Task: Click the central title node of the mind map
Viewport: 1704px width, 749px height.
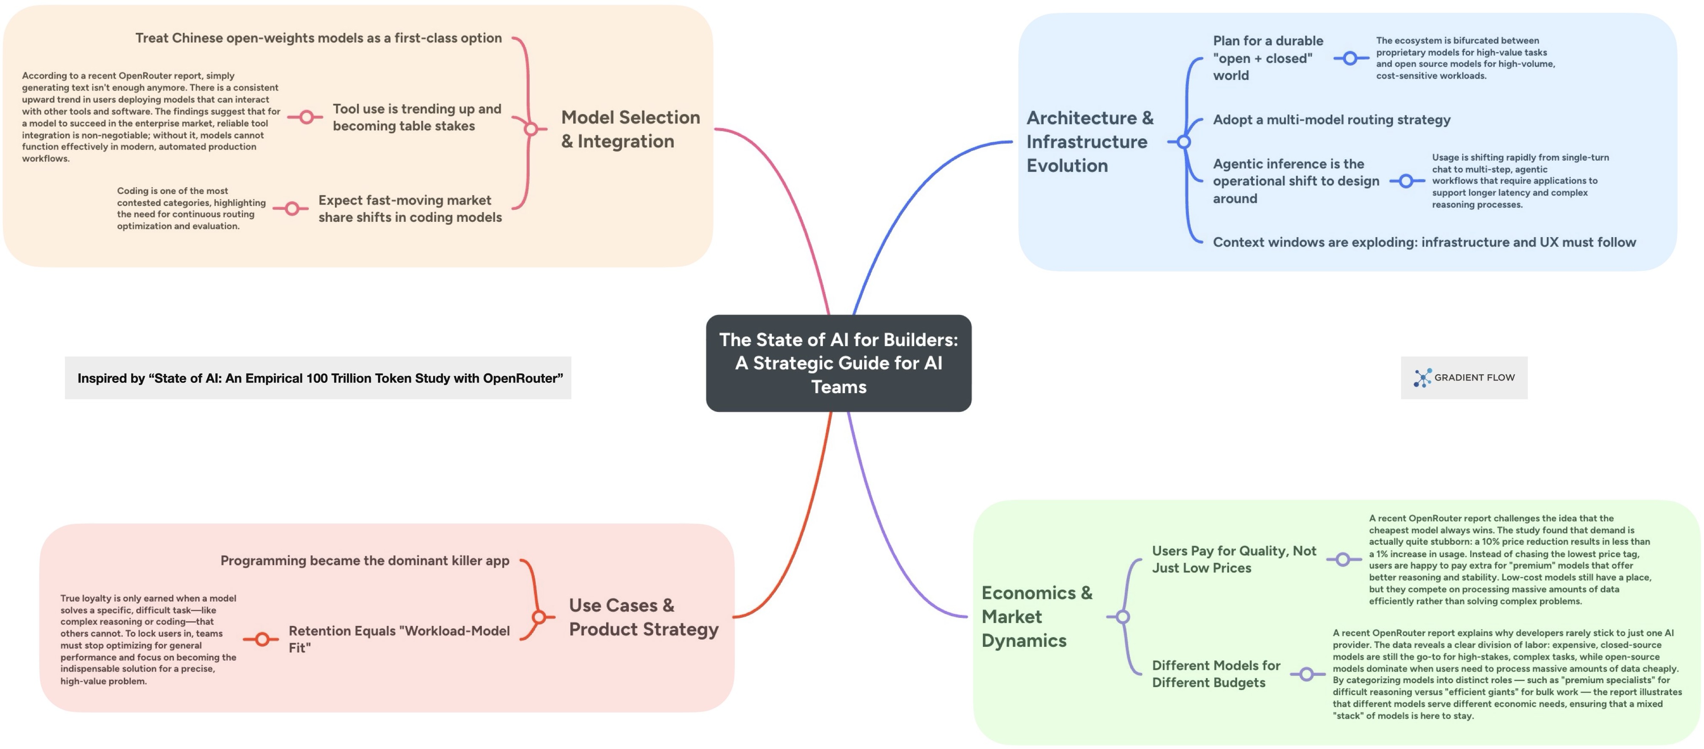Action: pos(838,363)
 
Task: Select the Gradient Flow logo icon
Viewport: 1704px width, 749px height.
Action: pos(1422,378)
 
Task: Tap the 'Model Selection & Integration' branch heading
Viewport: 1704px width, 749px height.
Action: pos(630,129)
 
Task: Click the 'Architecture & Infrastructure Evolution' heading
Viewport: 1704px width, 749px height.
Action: pos(1089,141)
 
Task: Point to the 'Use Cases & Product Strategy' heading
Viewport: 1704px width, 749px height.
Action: pos(643,617)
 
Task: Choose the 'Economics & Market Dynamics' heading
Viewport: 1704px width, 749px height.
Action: pos(1036,617)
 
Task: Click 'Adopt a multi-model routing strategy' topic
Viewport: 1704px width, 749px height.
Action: pos(1331,120)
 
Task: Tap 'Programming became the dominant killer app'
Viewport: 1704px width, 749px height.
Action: pos(364,561)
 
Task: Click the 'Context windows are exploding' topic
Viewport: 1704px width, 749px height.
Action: pos(1423,243)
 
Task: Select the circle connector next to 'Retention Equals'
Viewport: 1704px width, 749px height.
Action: pos(263,639)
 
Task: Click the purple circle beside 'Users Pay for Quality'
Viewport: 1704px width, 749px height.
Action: pos(1342,560)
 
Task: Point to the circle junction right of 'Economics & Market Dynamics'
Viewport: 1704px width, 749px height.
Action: pos(1123,617)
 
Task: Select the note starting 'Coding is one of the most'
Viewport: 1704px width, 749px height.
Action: pos(191,209)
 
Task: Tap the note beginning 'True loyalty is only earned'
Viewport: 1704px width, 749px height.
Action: pos(148,639)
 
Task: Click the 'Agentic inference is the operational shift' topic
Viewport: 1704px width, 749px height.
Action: pos(1295,181)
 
